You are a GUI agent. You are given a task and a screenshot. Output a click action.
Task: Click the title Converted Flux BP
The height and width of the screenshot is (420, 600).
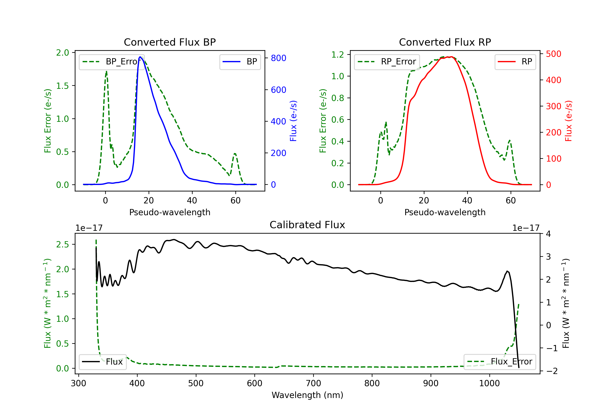(170, 42)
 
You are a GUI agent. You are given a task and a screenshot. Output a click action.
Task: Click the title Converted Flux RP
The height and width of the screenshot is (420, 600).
(445, 42)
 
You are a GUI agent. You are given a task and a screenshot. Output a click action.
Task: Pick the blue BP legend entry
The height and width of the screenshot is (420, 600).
(240, 62)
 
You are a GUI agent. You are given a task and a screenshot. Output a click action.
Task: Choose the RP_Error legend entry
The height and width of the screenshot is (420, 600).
(387, 62)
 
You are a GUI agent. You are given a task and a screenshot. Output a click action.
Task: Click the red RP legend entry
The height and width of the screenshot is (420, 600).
(515, 62)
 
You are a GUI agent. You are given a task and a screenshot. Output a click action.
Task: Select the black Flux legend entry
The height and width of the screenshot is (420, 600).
(102, 362)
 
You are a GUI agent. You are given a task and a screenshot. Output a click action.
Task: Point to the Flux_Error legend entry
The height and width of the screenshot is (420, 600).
(499, 362)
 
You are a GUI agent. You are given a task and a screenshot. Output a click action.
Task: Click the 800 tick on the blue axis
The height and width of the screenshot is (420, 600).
(279, 58)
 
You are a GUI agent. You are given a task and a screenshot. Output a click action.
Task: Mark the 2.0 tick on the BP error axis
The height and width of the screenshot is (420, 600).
(62, 53)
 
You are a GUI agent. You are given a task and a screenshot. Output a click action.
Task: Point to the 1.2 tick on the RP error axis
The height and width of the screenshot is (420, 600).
(338, 55)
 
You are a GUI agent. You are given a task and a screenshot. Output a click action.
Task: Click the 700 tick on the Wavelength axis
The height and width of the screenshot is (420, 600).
(313, 383)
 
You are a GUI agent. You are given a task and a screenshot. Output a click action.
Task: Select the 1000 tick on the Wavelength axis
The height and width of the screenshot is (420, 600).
(489, 383)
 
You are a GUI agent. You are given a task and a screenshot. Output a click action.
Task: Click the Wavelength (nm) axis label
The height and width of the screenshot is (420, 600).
(307, 395)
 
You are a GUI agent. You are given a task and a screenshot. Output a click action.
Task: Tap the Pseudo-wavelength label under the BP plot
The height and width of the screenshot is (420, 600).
(170, 212)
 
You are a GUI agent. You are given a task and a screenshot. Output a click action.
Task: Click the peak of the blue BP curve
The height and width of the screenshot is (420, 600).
(140, 57)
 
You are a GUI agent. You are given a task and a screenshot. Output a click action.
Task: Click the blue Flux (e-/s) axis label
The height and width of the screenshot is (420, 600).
(293, 121)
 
